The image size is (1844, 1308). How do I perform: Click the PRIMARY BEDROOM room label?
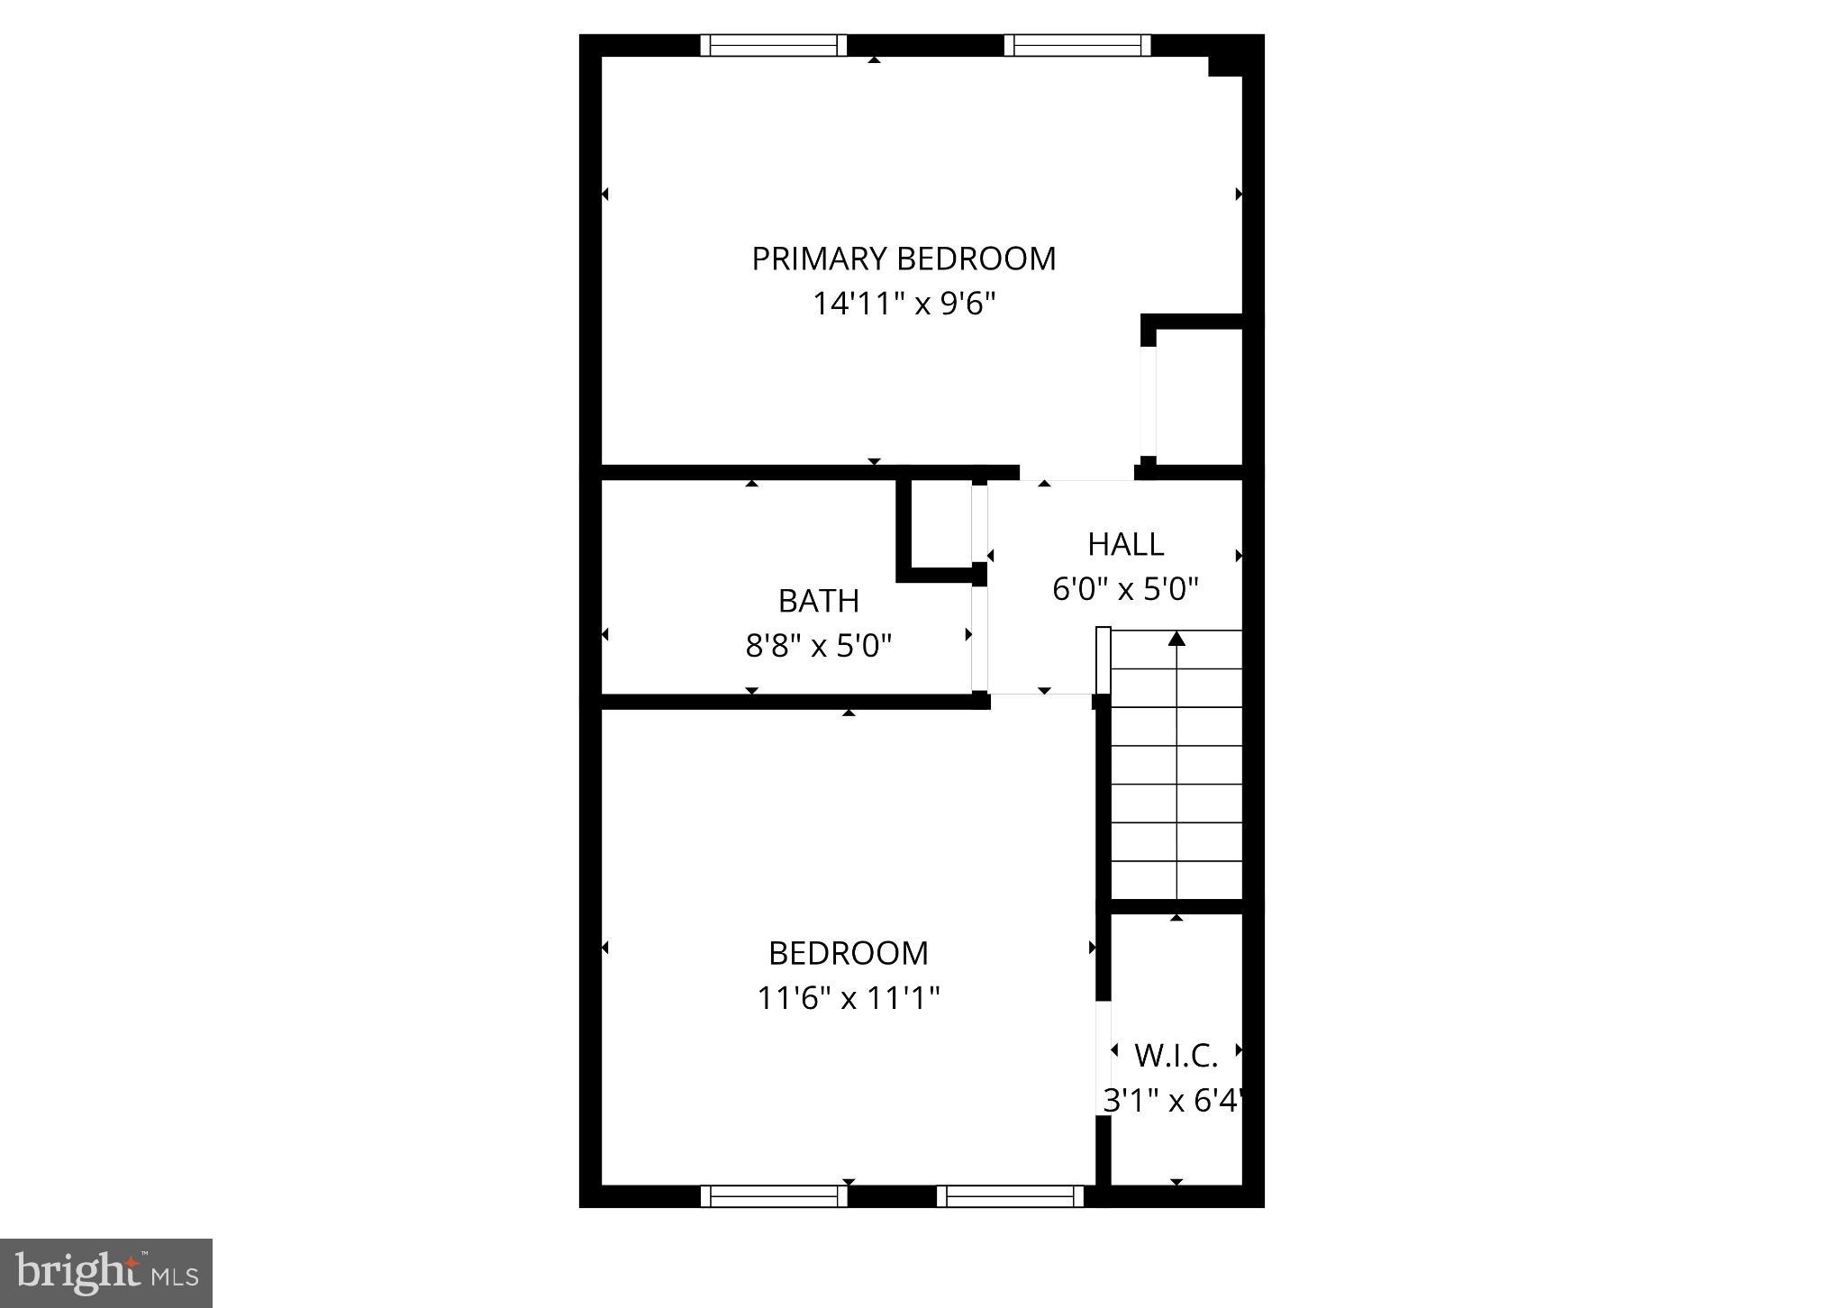[x=904, y=259]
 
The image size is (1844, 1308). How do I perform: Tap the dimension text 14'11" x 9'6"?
[x=904, y=304]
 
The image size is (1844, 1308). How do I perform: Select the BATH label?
[x=818, y=601]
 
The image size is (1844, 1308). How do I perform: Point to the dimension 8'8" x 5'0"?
[x=818, y=645]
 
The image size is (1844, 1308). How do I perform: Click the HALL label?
[x=1125, y=544]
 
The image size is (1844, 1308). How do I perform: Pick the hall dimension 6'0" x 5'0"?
[x=1125, y=589]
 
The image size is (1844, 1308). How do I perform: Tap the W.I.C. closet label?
[x=1176, y=1055]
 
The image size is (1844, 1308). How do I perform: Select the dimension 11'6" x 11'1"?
[x=849, y=998]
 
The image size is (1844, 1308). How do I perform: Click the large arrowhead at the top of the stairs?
[x=1176, y=639]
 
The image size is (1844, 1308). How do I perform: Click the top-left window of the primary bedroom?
[x=774, y=45]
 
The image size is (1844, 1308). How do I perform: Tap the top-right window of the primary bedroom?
[x=1077, y=45]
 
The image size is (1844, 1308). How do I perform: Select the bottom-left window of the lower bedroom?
[x=774, y=1195]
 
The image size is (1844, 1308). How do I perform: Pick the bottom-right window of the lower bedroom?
[x=1010, y=1195]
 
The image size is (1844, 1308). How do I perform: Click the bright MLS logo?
[x=106, y=1273]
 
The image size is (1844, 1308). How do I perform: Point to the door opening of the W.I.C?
[x=1103, y=1058]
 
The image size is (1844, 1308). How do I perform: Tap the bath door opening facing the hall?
[x=979, y=639]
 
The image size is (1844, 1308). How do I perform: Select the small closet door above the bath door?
[x=979, y=523]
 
